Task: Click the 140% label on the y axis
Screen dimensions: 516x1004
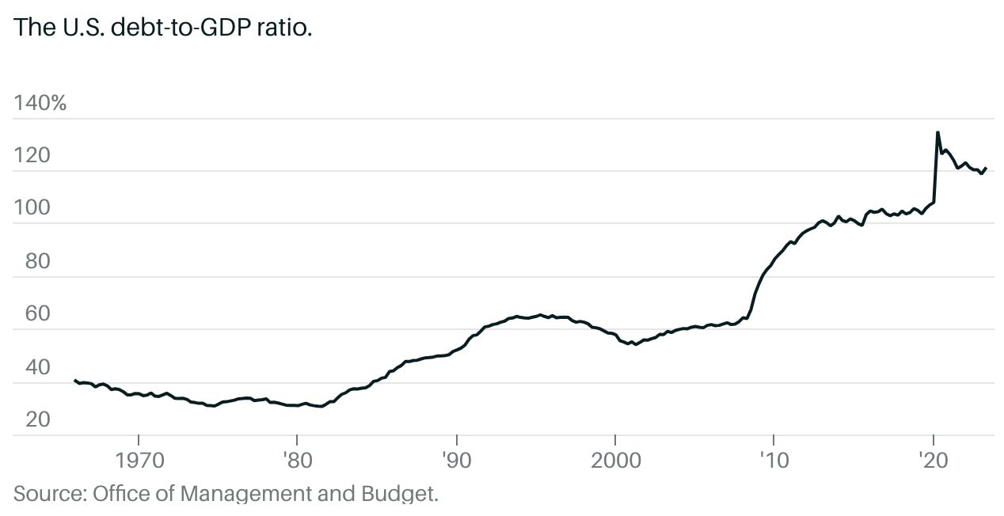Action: click(x=40, y=103)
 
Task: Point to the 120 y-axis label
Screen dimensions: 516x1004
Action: click(x=32, y=156)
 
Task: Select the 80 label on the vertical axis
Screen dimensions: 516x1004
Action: click(x=37, y=261)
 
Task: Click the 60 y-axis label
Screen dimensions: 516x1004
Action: click(x=37, y=314)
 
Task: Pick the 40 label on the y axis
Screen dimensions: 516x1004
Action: click(x=37, y=367)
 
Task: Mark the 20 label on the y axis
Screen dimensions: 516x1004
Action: click(x=37, y=419)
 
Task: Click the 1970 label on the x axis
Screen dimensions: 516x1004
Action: click(x=139, y=460)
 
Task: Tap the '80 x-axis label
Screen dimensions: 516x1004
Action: click(x=297, y=460)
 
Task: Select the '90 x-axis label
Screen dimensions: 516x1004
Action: click(x=456, y=460)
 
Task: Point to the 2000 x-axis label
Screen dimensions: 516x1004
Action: click(x=614, y=460)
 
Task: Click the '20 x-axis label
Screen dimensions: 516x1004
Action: click(x=934, y=460)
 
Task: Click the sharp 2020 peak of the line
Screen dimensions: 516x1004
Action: click(x=937, y=132)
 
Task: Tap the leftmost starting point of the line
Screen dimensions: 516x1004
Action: click(x=74, y=380)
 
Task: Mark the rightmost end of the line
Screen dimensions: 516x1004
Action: click(x=986, y=168)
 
